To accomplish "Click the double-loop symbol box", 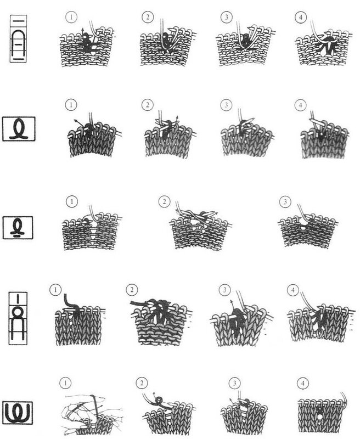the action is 18,413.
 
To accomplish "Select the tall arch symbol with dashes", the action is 18,38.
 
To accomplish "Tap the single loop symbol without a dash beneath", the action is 19,129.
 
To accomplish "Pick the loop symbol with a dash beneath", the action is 18,228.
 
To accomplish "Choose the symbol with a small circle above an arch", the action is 18,318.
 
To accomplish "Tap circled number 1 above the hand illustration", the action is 65,382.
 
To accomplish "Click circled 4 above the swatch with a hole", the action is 303,383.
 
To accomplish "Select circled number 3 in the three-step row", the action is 285,201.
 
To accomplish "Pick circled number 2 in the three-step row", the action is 164,201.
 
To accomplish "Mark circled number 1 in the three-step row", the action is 72,201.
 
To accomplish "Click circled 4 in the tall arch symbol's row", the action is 301,17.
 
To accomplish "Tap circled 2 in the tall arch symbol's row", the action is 148,17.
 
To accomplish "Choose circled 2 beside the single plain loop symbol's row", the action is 148,105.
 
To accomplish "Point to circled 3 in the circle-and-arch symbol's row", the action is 224,290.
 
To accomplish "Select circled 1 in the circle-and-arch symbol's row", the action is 55,290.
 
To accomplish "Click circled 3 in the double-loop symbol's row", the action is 234,383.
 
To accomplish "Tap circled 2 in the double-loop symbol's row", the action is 142,382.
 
